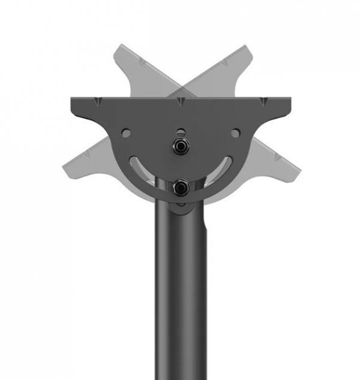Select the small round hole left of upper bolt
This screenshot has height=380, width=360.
(126, 132)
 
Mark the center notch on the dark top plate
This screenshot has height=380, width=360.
(180, 103)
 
